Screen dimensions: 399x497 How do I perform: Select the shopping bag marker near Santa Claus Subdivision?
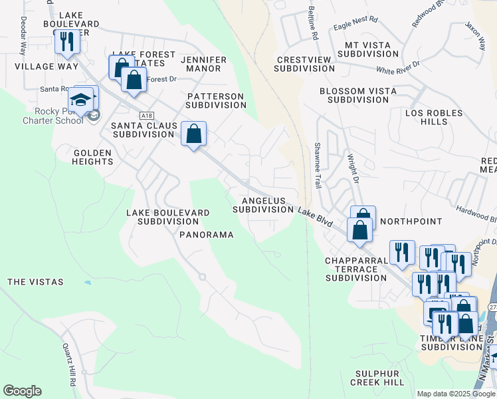coord(193,134)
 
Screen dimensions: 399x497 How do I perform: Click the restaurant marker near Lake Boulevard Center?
coord(66,42)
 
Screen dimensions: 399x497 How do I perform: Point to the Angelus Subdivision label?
coord(263,205)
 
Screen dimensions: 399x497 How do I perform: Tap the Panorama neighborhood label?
coord(206,235)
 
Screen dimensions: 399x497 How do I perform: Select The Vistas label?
coord(35,282)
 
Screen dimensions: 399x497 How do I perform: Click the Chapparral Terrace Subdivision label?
coord(355,269)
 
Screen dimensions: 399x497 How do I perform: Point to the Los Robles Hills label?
coord(435,118)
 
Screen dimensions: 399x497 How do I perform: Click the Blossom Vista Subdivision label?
coord(353,95)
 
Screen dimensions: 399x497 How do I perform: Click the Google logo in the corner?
coord(22,391)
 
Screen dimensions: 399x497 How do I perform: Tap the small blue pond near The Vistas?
coord(88,283)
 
